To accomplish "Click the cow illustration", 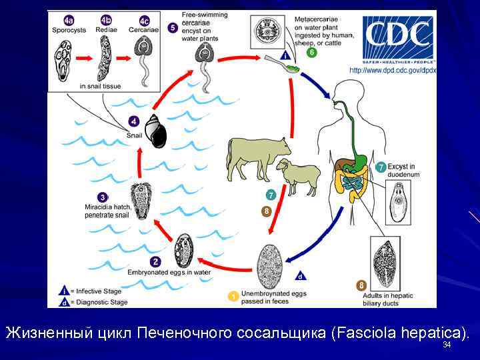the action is click(257, 157).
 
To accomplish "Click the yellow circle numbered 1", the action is click(233, 295).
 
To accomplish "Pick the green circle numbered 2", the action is click(155, 262).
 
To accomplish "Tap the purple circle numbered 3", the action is click(103, 197).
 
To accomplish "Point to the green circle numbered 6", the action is click(311, 53).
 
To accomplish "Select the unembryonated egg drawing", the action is click(271, 266).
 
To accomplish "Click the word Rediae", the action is click(105, 30).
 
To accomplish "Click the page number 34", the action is click(447, 345).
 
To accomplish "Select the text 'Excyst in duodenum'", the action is click(405, 170).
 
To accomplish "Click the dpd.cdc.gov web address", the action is click(393, 69).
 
